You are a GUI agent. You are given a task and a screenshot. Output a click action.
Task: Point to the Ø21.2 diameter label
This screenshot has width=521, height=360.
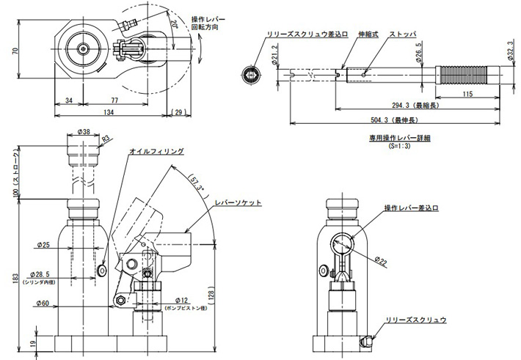click(x=273, y=58)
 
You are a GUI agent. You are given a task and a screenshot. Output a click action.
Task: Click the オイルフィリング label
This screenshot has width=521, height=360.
click(x=156, y=151)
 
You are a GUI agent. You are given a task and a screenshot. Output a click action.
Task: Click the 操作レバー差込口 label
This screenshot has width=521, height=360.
click(x=412, y=209)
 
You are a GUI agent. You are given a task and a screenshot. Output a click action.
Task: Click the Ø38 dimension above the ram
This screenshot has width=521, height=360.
click(x=83, y=133)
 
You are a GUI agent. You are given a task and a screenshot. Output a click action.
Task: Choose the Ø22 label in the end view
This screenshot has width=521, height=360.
click(x=381, y=260)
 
